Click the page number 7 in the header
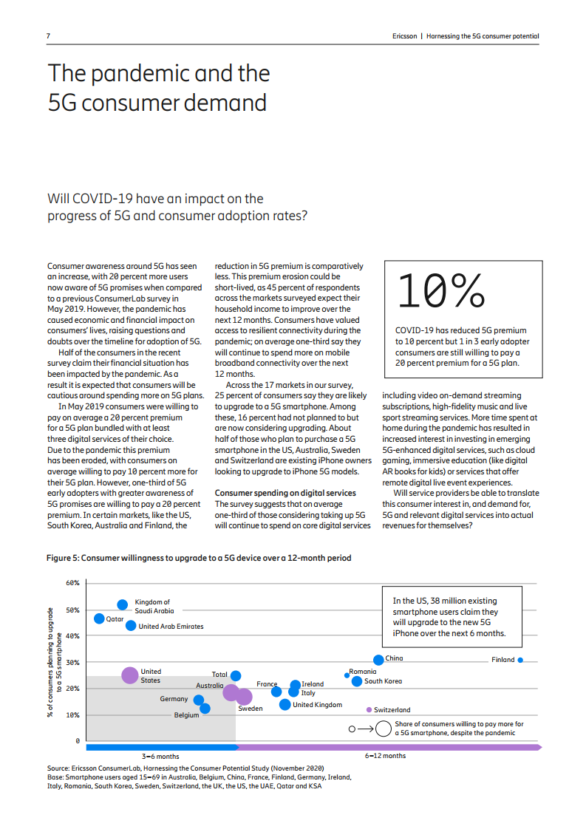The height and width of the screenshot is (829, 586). click(x=49, y=36)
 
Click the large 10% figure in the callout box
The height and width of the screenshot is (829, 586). click(x=440, y=292)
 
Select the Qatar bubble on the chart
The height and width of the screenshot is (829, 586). click(x=99, y=618)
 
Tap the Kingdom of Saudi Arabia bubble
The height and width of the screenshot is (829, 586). click(x=123, y=605)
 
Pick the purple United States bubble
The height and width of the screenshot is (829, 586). click(x=129, y=675)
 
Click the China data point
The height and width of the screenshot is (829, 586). click(x=378, y=659)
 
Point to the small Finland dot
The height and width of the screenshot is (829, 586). click(x=520, y=660)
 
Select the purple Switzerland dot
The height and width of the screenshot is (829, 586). click(x=369, y=709)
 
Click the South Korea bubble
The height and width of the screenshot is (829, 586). click(x=357, y=681)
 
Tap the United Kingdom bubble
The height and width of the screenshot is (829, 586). click(x=285, y=704)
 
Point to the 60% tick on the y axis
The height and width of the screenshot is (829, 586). click(x=72, y=583)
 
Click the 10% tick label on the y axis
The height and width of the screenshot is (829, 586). click(x=72, y=714)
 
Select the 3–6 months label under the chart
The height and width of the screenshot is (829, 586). click(x=160, y=756)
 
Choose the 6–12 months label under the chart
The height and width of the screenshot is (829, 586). click(x=385, y=756)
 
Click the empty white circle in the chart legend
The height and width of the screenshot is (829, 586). click(x=383, y=729)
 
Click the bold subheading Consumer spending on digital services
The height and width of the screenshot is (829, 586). click(x=285, y=493)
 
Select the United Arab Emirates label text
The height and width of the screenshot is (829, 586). click(x=171, y=627)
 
